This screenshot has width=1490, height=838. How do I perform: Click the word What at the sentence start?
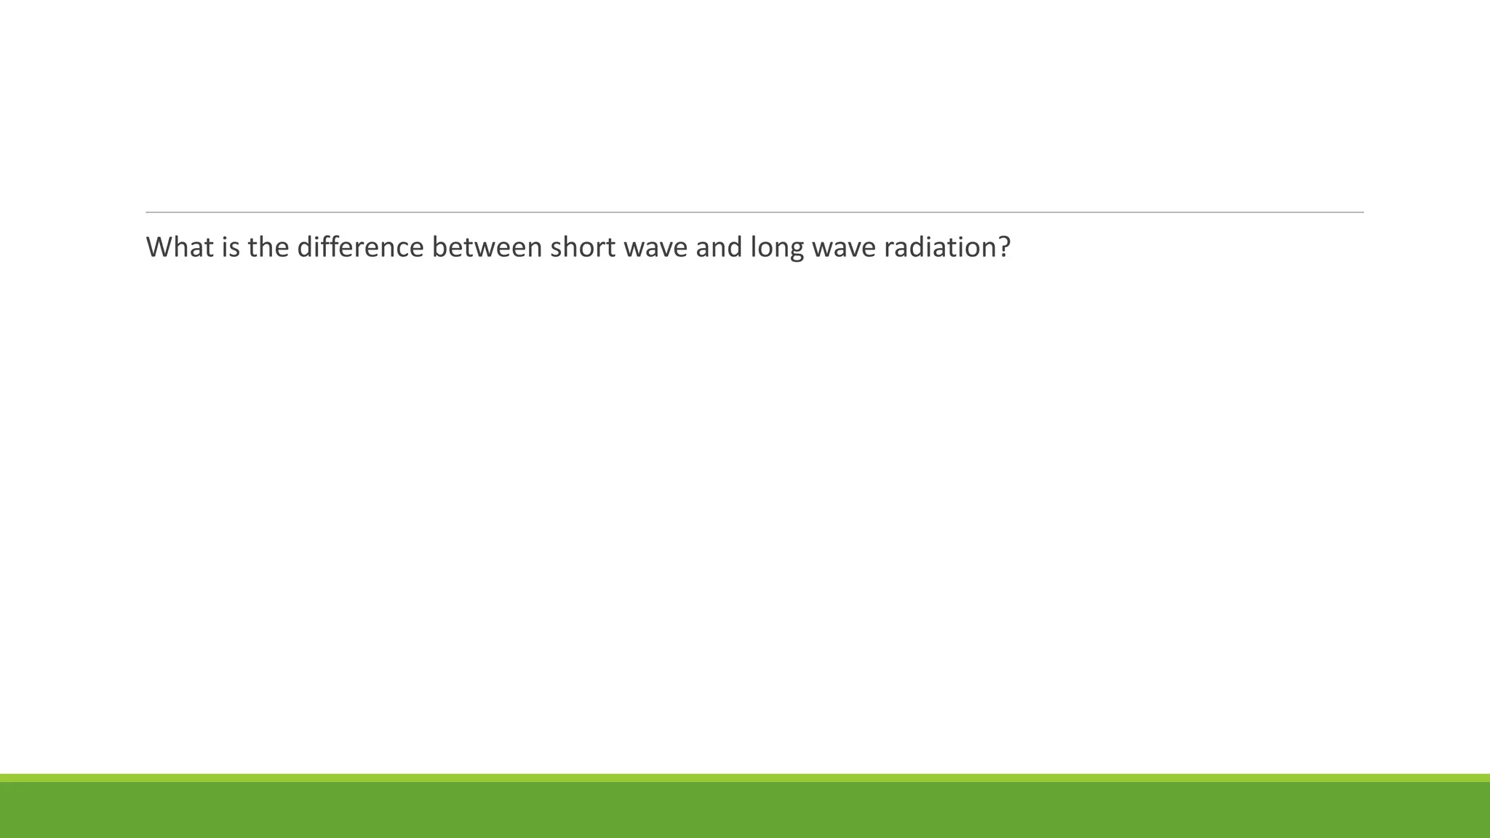pos(180,247)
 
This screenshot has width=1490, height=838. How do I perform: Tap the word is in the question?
pos(231,247)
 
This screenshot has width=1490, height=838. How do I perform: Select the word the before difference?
pos(268,247)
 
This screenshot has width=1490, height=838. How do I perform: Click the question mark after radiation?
pos(1005,247)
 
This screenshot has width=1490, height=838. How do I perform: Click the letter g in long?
pos(795,251)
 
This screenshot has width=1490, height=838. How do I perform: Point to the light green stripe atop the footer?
pos(745,778)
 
